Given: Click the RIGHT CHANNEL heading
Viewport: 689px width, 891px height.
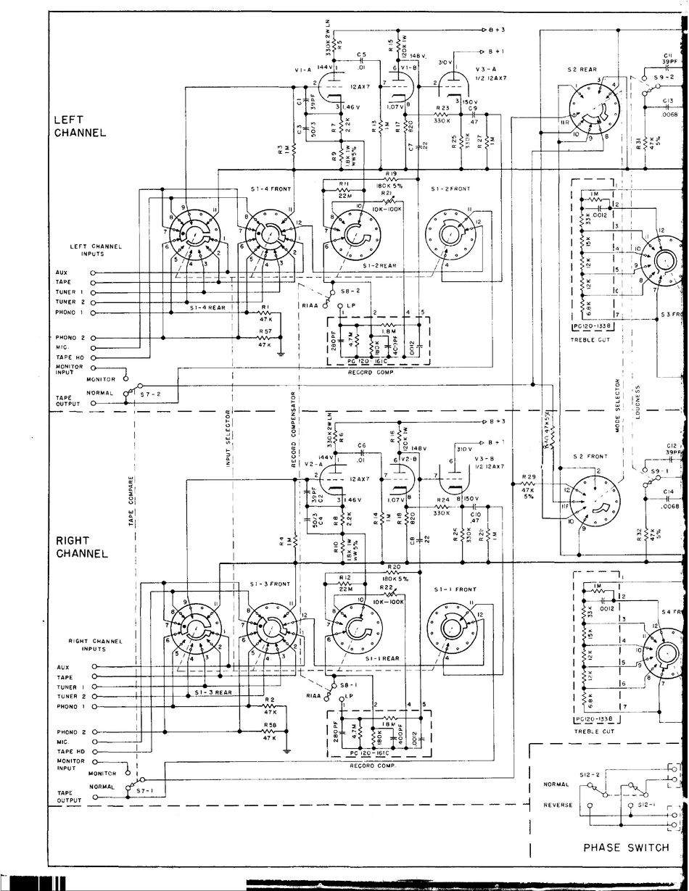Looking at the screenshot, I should click(82, 547).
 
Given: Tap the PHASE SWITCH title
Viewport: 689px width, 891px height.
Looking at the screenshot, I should click(626, 847).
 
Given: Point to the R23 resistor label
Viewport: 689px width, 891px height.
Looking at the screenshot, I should click(442, 107).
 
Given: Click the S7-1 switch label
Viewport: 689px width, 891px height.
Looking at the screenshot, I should click(146, 792).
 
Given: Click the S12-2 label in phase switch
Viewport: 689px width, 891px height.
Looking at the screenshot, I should click(588, 775).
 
